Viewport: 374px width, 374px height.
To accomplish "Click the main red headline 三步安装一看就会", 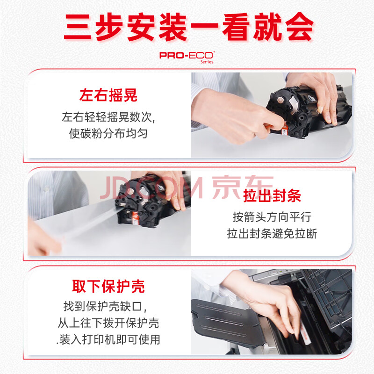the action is pos(189,27).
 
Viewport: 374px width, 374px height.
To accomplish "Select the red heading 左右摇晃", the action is pos(108,95).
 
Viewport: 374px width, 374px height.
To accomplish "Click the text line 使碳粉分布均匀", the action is pos(108,133).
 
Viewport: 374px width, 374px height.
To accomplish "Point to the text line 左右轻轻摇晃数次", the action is pos(108,117).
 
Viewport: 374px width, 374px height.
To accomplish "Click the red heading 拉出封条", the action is pos(272,195).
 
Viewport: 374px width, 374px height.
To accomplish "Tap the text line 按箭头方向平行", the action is pos(272,217).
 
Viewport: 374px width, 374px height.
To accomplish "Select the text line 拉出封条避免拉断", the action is pos(272,233).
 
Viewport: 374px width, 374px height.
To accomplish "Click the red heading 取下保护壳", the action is pos(108,286).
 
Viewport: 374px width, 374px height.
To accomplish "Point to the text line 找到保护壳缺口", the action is pos(105,307).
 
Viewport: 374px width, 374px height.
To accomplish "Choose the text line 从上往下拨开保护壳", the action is pos(108,323).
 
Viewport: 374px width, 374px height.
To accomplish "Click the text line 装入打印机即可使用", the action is pos(108,339).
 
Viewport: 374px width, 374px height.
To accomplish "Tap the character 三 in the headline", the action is pos(78,27).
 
